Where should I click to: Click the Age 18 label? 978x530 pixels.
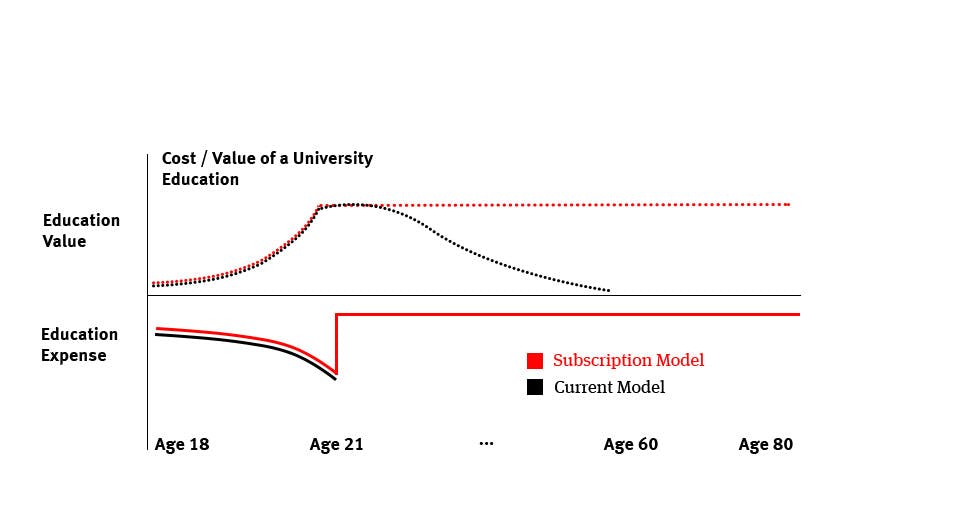182,445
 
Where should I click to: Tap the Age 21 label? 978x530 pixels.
337,445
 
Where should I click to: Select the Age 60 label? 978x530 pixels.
631,445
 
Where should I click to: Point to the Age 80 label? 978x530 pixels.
766,445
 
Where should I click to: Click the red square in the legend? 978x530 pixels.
535,361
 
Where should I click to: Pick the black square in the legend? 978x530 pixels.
535,387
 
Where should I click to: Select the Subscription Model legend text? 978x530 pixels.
628,361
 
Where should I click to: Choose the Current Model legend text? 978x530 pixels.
609,387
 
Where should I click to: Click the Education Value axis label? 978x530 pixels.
81,230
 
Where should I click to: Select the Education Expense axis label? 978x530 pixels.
79,345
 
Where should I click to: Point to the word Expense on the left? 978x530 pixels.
74,356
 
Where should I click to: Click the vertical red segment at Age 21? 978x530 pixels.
336,345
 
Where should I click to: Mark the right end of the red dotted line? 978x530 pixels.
789,204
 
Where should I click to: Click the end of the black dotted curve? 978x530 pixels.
608,291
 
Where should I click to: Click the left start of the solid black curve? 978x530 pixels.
157,335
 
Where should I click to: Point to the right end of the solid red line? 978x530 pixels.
799,315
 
